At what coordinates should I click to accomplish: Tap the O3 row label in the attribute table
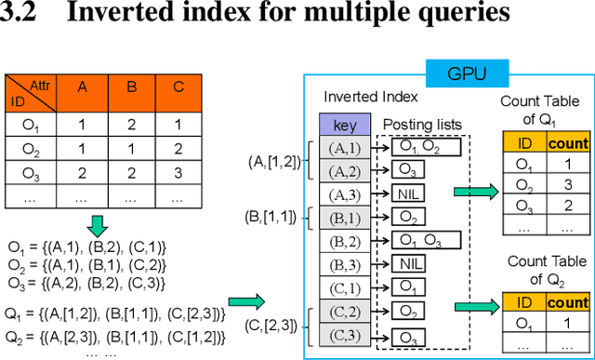click(x=31, y=173)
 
